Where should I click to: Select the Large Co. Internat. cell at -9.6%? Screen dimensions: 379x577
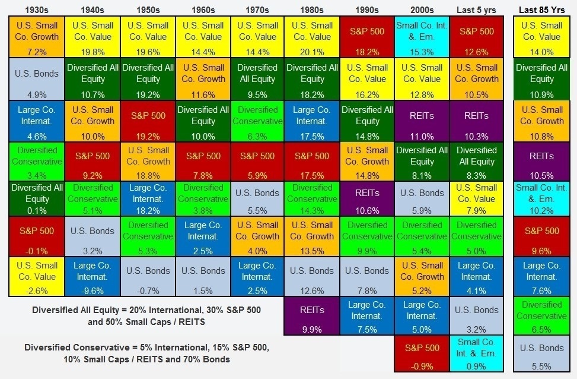(x=93, y=276)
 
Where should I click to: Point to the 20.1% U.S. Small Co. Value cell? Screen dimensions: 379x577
(x=312, y=37)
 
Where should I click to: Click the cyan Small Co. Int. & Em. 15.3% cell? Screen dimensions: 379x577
(x=422, y=37)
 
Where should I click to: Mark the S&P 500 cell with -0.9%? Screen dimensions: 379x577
(x=422, y=353)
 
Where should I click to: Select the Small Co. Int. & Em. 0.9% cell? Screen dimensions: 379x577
(x=476, y=353)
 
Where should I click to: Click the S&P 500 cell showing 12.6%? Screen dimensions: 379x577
(x=476, y=37)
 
